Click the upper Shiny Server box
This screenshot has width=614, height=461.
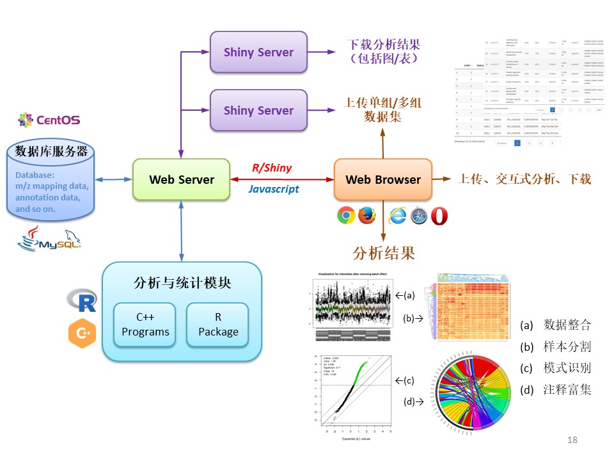pos(258,53)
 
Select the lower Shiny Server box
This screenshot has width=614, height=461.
pos(258,111)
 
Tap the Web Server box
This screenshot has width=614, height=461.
pos(182,179)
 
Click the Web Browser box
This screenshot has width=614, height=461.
pos(383,179)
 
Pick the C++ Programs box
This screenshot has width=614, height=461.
pos(145,325)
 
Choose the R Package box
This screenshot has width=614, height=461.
pos(218,325)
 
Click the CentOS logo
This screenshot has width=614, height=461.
pos(49,119)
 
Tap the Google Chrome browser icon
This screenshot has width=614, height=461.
pos(346,216)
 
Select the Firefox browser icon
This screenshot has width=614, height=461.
pos(366,216)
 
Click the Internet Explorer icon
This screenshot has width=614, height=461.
pos(397,216)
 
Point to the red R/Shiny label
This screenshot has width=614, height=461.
pos(272,168)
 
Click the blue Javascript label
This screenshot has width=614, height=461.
pos(273,189)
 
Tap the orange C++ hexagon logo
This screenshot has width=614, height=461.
pos(82,334)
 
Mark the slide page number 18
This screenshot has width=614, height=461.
pos(572,440)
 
